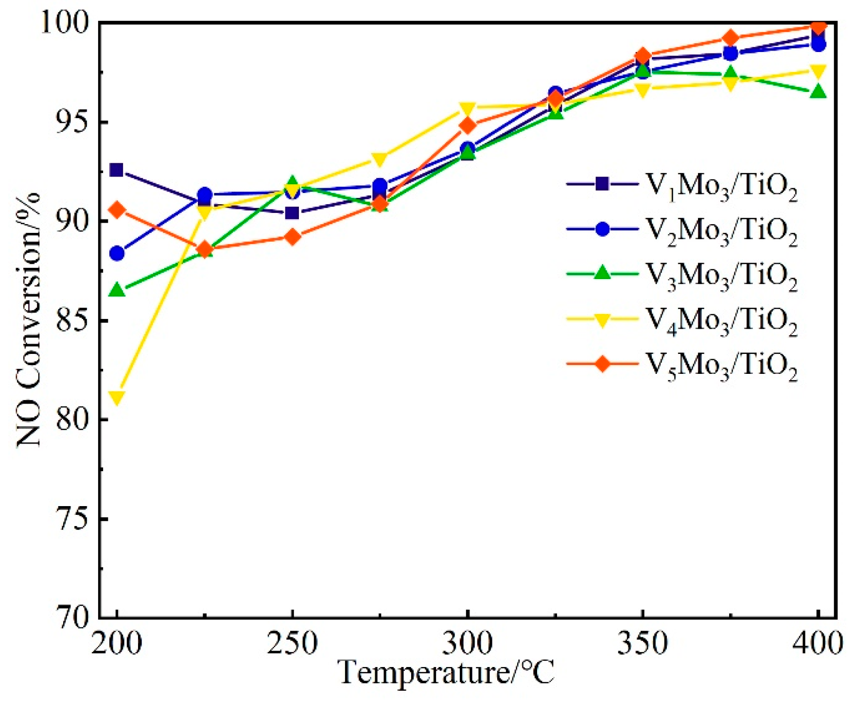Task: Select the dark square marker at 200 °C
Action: click(117, 170)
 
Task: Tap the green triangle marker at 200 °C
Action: click(117, 290)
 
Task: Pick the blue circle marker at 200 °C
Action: click(117, 253)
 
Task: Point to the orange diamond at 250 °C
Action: click(292, 237)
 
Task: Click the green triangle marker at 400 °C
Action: click(818, 91)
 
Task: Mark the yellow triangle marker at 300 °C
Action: click(468, 107)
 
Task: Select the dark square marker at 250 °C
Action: click(292, 213)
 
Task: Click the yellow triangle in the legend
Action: click(602, 320)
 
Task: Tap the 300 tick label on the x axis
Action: click(468, 643)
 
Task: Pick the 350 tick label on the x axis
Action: click(643, 643)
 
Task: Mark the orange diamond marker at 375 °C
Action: click(730, 38)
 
